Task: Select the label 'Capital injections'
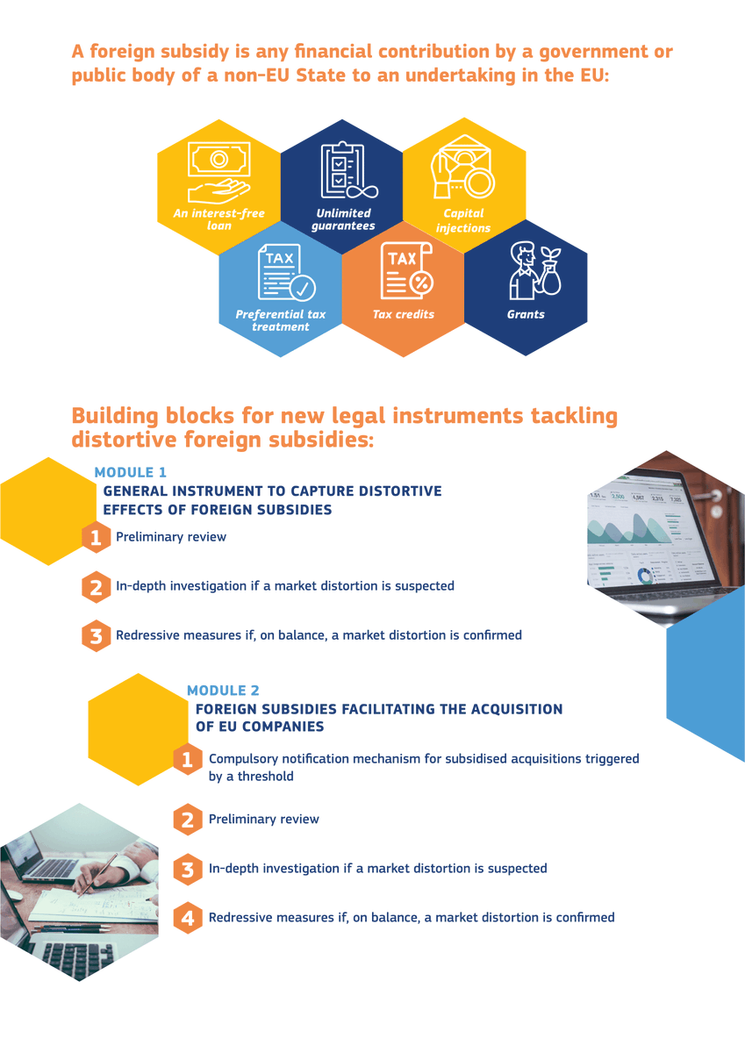pos(463,220)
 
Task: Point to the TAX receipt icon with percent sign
pos(405,272)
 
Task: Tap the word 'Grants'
pos(526,314)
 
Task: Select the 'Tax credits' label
pos(403,314)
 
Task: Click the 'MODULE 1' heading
pos(131,472)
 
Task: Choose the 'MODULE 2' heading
pos(223,691)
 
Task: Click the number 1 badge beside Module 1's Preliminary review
pos(96,537)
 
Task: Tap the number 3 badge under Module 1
pos(96,635)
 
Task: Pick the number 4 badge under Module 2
pos(187,918)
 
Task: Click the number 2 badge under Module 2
pos(187,820)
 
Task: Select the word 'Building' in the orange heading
pos(114,415)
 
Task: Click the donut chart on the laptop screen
pos(647,575)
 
